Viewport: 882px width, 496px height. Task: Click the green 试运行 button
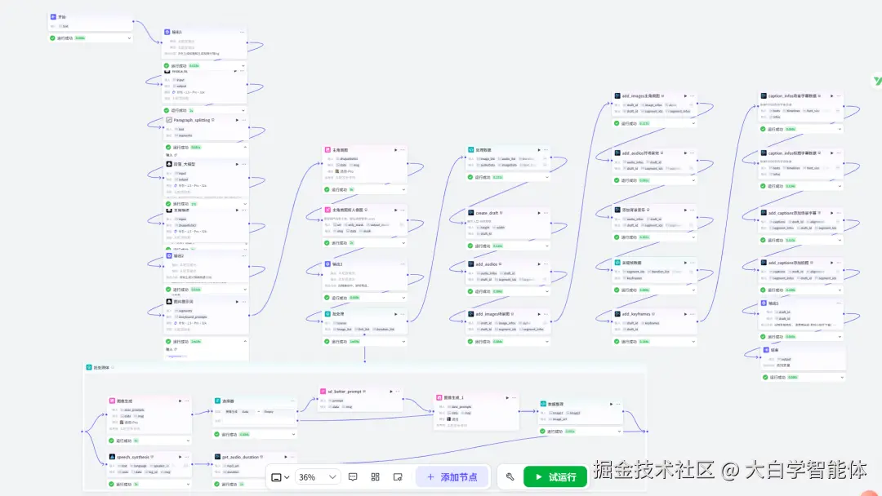(555, 476)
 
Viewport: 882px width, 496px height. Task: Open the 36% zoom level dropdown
(317, 476)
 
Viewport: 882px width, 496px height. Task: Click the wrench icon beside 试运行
(510, 476)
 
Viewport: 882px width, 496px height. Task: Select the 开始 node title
(62, 16)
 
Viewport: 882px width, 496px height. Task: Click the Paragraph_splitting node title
(194, 119)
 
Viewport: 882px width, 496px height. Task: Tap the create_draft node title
(488, 213)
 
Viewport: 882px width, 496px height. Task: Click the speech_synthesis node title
(133, 457)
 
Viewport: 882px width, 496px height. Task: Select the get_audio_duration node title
(240, 457)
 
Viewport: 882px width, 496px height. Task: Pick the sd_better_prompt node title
(345, 391)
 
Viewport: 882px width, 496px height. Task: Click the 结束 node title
(774, 350)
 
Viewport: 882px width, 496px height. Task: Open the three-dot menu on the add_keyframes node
(692, 313)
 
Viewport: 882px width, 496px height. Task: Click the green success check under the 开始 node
(52, 38)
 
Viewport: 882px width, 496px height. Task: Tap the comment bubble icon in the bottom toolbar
(353, 476)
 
